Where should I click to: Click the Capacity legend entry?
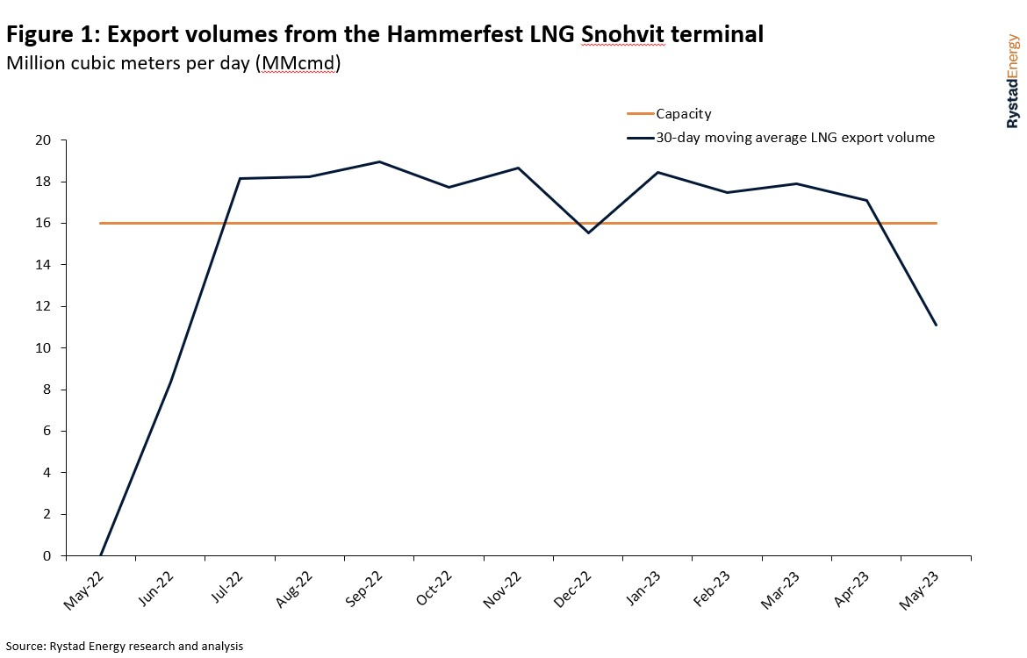(x=683, y=114)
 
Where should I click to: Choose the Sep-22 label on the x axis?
(x=363, y=587)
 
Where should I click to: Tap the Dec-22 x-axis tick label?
(x=572, y=587)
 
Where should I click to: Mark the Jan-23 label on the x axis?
(x=643, y=587)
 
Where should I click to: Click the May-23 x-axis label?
(x=920, y=587)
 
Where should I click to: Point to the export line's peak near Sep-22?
(x=379, y=161)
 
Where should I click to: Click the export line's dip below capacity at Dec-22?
(x=588, y=232)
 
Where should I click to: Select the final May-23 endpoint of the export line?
(x=937, y=325)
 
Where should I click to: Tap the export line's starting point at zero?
(x=101, y=555)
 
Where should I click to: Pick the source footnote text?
(x=123, y=646)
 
